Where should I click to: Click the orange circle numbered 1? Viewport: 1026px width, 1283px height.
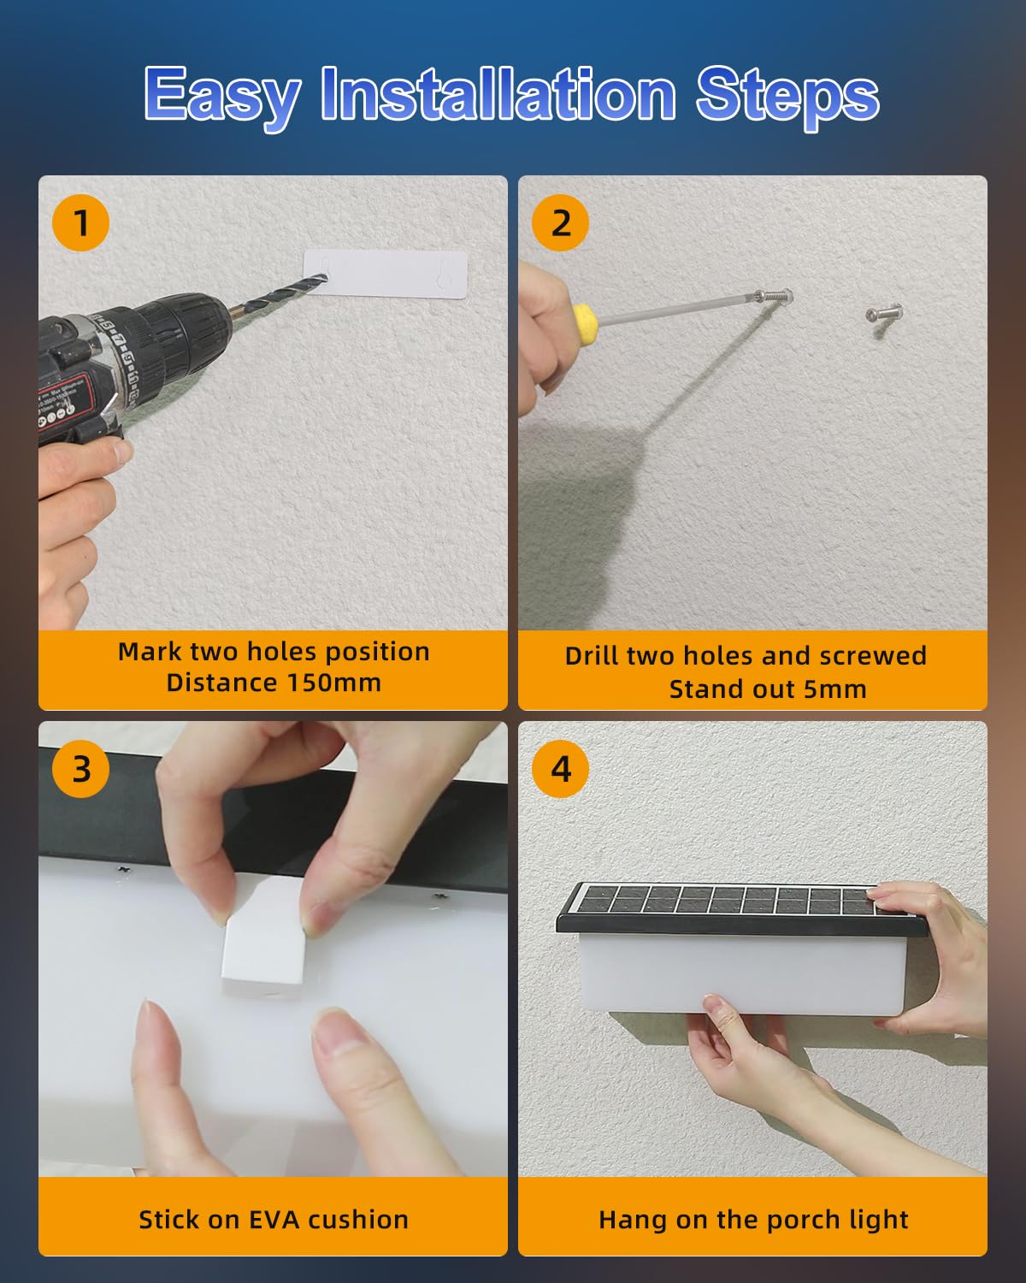pyautogui.click(x=80, y=222)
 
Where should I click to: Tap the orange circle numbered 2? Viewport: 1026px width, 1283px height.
pyautogui.click(x=560, y=222)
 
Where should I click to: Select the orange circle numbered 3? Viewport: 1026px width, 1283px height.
pyautogui.click(x=80, y=769)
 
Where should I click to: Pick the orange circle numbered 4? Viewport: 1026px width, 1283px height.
pyautogui.click(x=560, y=769)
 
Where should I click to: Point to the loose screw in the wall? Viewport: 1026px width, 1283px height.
pyautogui.click(x=883, y=313)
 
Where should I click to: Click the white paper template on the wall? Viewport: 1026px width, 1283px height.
pyautogui.click(x=385, y=275)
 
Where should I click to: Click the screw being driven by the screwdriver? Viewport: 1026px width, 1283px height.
pyautogui.click(x=773, y=295)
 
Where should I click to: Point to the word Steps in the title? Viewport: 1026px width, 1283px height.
pyautogui.click(x=787, y=98)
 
